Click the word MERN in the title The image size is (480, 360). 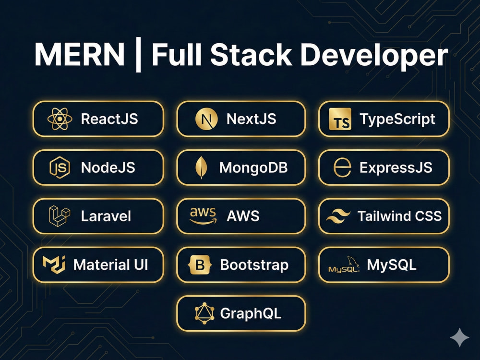coord(80,54)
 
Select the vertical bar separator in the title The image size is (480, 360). coord(138,55)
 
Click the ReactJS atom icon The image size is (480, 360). coord(60,119)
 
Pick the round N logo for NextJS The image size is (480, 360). coord(206,119)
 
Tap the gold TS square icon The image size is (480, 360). coord(340,119)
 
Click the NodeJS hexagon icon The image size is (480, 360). coord(60,168)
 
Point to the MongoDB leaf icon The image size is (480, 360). coord(201,168)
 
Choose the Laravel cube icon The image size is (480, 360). coord(60,216)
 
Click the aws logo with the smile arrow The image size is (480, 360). coord(203,216)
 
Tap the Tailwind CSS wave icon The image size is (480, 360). coord(338,216)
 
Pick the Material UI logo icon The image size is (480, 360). coord(54,264)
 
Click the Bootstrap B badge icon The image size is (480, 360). coord(200,264)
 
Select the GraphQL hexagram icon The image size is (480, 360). coord(204,313)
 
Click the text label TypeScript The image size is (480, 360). coord(397,119)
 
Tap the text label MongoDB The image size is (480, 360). coord(253,168)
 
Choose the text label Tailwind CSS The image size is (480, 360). coord(399,216)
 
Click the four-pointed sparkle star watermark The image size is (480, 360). coord(459,337)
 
